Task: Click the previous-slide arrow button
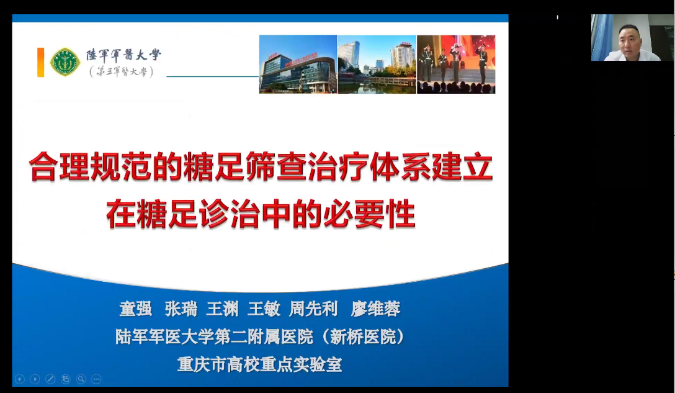[20, 379]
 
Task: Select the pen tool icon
[50, 379]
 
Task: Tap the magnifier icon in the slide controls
[81, 379]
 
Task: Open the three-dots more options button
[96, 379]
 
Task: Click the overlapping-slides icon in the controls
[66, 379]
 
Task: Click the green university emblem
[65, 62]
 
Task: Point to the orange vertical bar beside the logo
[41, 63]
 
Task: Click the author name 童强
[136, 309]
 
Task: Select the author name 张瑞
[181, 309]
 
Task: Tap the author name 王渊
[223, 309]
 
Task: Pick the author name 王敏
[264, 309]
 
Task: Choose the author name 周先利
[313, 309]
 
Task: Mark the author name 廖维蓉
[376, 309]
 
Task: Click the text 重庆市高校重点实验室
[259, 364]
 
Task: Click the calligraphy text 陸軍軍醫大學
[123, 55]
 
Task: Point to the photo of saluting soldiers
[456, 64]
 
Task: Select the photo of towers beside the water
[377, 64]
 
